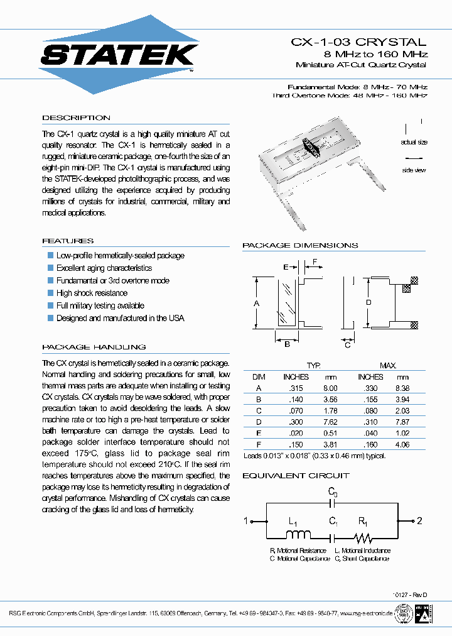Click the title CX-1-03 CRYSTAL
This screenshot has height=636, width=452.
tap(358, 42)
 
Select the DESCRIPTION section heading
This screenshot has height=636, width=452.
tap(76, 118)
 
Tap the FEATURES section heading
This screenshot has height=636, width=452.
tap(68, 241)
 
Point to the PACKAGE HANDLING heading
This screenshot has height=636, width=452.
tap(94, 347)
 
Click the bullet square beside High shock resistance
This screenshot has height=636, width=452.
tap(51, 293)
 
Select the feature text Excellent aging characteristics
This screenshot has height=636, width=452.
tap(104, 268)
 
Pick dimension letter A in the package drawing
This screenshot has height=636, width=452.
tap(256, 303)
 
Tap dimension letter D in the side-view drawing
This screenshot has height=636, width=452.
tap(369, 303)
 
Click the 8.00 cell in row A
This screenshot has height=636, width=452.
tap(330, 388)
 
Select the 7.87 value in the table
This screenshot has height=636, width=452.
tap(402, 422)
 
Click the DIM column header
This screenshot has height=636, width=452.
tap(259, 376)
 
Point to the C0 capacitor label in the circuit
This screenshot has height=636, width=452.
tap(333, 493)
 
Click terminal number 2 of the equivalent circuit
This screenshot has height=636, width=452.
tap(421, 520)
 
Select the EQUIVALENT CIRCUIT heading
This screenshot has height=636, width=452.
tap(296, 476)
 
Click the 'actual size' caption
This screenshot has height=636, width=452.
tap(414, 143)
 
